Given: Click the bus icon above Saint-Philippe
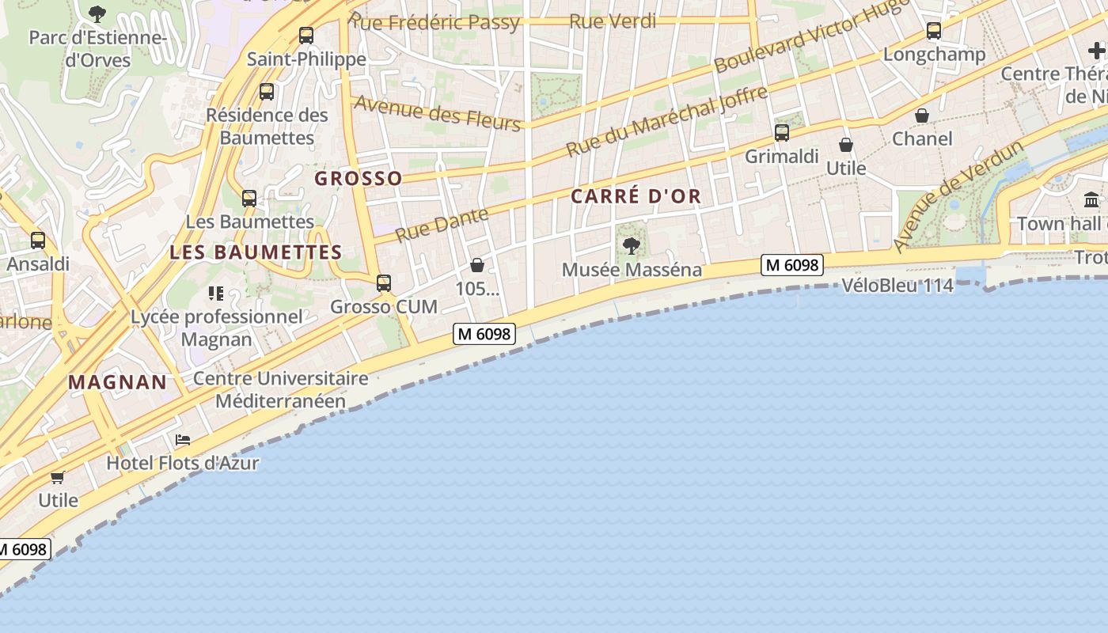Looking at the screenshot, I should pyautogui.click(x=306, y=36).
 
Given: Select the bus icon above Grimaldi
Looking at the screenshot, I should pyautogui.click(x=782, y=133).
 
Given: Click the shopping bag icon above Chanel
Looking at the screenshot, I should pyautogui.click(x=922, y=116).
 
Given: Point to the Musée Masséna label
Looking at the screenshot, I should pyautogui.click(x=632, y=270).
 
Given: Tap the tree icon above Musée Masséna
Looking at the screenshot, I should pyautogui.click(x=632, y=246).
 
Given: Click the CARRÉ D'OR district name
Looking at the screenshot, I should pyautogui.click(x=636, y=197).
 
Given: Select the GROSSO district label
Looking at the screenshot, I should pyautogui.click(x=359, y=179).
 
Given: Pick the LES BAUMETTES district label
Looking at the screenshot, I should pyautogui.click(x=256, y=253).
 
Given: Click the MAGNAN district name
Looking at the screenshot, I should pyautogui.click(x=118, y=383).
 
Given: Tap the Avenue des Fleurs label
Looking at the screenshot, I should pyautogui.click(x=438, y=113).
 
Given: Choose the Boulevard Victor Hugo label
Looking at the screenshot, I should pyautogui.click(x=811, y=37).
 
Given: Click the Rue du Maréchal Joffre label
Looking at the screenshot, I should pyautogui.click(x=667, y=121).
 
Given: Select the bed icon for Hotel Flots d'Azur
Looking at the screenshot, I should pyautogui.click(x=183, y=440).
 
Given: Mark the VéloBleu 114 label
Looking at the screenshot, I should pyautogui.click(x=897, y=286).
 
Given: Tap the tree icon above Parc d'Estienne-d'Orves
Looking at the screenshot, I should pyautogui.click(x=97, y=13).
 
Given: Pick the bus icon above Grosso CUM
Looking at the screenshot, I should pyautogui.click(x=384, y=282).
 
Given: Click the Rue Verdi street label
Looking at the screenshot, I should pyautogui.click(x=613, y=21).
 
